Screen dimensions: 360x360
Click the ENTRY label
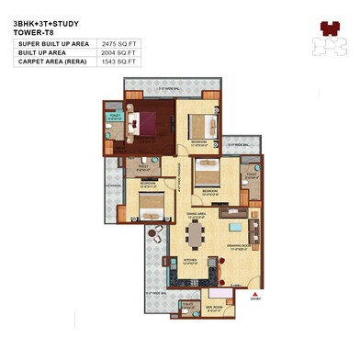(253, 298)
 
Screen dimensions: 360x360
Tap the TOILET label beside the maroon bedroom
(114, 118)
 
